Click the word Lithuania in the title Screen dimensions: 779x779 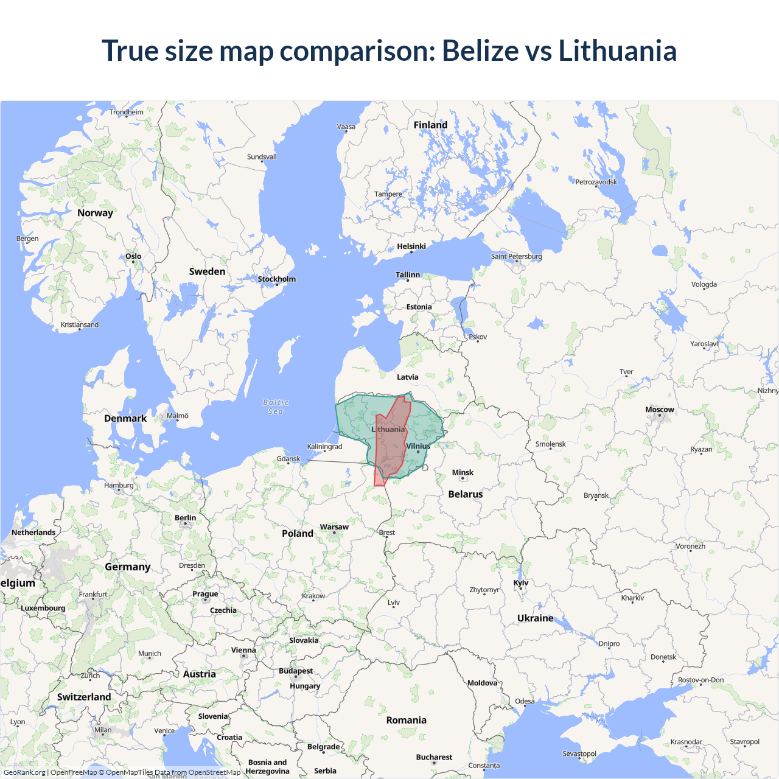pyautogui.click(x=617, y=51)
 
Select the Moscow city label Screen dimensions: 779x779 pyautogui.click(x=660, y=410)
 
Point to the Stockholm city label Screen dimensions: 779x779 pyautogui.click(x=276, y=279)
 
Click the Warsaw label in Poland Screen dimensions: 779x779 pyautogui.click(x=334, y=527)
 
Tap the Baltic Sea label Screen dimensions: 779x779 pyautogui.click(x=276, y=407)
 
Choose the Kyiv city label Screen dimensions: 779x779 pyautogui.click(x=521, y=582)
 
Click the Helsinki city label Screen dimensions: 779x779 pyautogui.click(x=411, y=246)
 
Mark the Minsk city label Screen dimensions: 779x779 pyautogui.click(x=463, y=472)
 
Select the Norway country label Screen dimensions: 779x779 pyautogui.click(x=95, y=213)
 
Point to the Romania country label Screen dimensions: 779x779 pyautogui.click(x=406, y=720)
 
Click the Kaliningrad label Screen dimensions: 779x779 pyautogui.click(x=324, y=446)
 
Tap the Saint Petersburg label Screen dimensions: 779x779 pyautogui.click(x=516, y=256)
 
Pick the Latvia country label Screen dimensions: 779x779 pyautogui.click(x=407, y=377)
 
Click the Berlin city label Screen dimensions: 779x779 pyautogui.click(x=185, y=518)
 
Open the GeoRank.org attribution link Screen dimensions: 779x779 pyautogui.click(x=24, y=772)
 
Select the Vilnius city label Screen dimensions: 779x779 pyautogui.click(x=418, y=446)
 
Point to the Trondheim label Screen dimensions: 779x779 pyautogui.click(x=127, y=112)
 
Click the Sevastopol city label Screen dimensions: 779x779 pyautogui.click(x=579, y=753)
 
